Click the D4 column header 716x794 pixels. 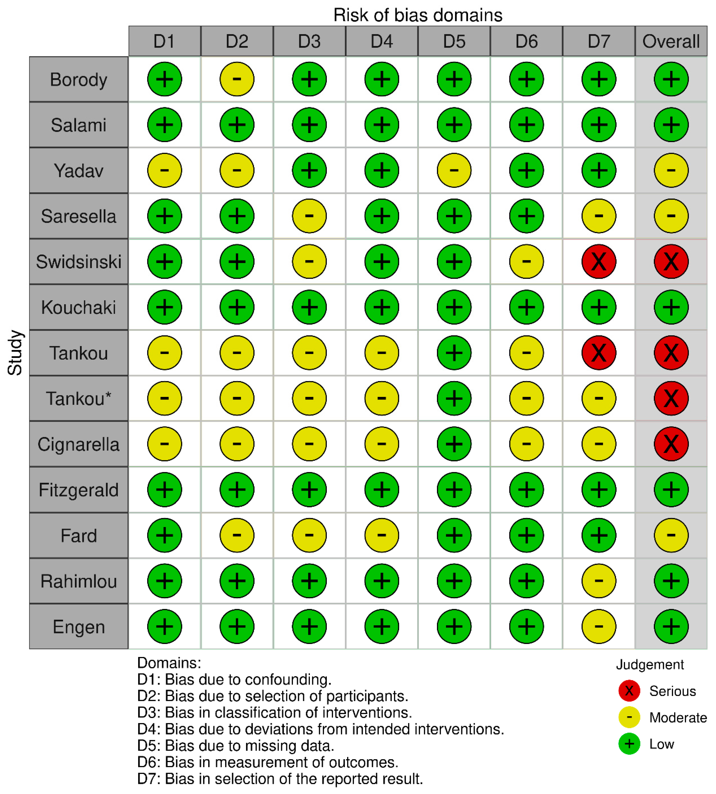381,41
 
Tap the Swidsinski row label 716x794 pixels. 79,262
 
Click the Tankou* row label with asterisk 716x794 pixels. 79,398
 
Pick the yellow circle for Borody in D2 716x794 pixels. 237,79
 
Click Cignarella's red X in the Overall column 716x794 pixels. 671,444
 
